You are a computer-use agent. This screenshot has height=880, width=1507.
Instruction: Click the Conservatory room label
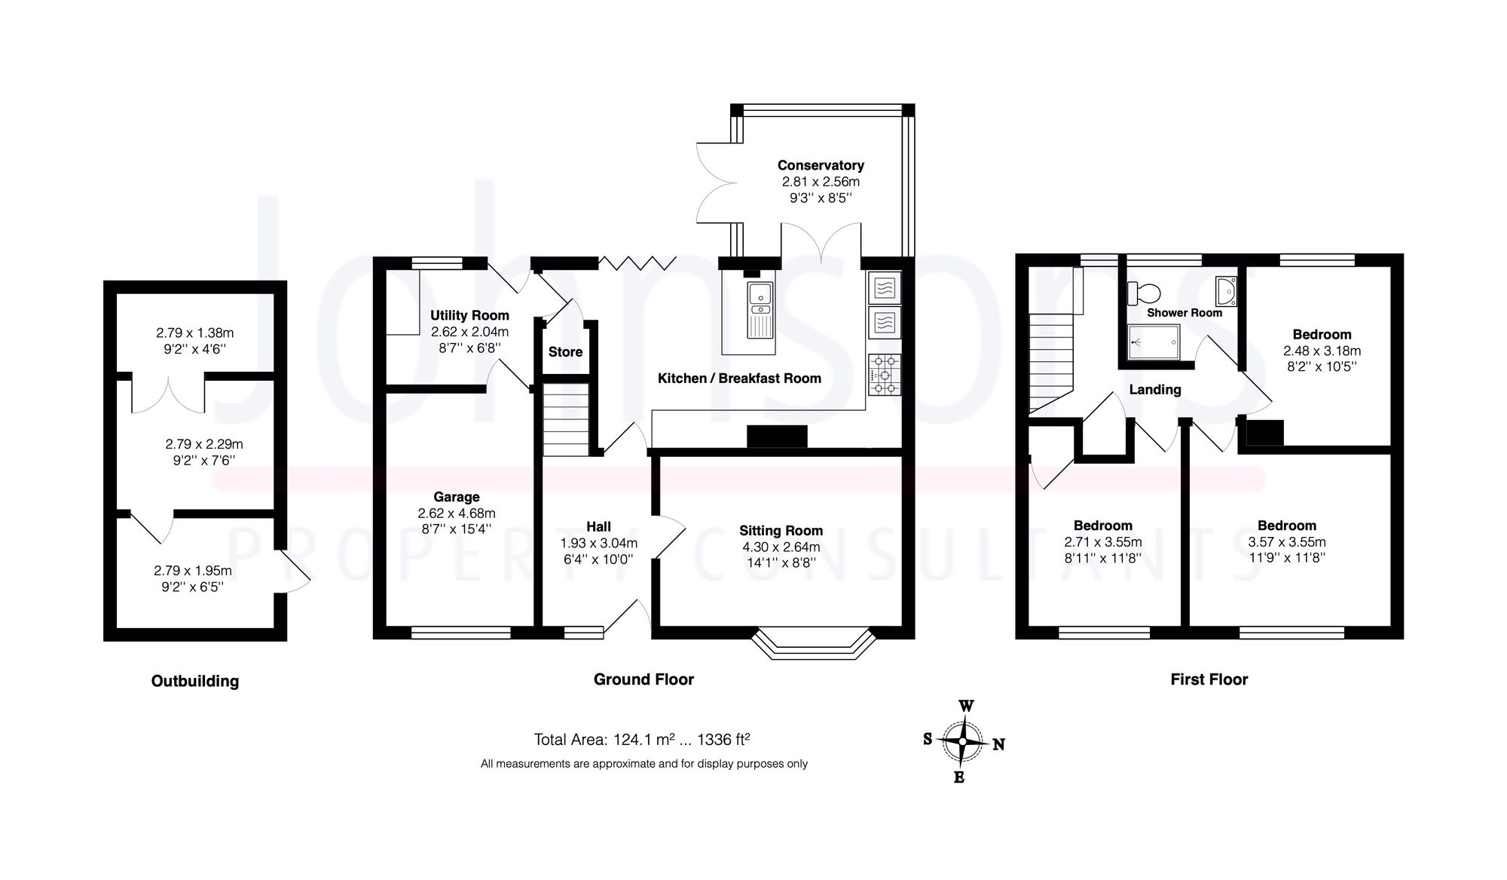coord(821,165)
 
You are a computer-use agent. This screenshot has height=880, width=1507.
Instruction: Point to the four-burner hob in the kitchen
coord(884,375)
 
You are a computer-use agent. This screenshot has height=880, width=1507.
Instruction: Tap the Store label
coord(565,352)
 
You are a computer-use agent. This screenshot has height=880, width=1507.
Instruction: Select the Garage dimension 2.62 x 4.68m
coord(457,514)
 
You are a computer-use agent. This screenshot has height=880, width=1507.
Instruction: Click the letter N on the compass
coord(998,745)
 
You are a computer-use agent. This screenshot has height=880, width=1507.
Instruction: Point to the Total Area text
coord(642,740)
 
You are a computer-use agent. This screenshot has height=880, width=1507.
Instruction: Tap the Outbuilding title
coord(195,681)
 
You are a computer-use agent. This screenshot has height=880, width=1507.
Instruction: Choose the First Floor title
coord(1209,679)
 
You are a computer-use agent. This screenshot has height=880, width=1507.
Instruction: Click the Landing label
coord(1154,390)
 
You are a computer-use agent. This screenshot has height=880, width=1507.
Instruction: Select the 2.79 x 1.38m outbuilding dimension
coord(195,333)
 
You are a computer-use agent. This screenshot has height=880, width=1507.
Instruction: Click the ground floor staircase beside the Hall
coord(566,419)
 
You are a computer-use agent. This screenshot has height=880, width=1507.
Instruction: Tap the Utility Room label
coord(469,315)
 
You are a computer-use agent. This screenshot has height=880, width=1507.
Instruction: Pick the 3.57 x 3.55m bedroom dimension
coord(1286,542)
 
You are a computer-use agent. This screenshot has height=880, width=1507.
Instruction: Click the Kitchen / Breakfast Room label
coord(739,379)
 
